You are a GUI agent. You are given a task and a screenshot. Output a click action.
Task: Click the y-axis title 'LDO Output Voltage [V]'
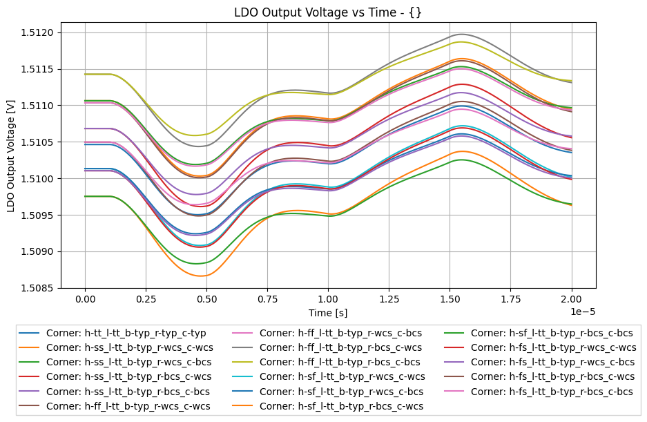pyautogui.click(x=11, y=155)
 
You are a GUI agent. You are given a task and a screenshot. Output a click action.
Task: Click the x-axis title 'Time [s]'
pyautogui.click(x=328, y=313)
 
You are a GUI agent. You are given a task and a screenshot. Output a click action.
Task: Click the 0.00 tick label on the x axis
pyautogui.click(x=85, y=300)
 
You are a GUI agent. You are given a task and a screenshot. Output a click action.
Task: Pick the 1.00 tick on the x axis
pyautogui.click(x=328, y=300)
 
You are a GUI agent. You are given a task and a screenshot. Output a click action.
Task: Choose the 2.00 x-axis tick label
pyautogui.click(x=572, y=300)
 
